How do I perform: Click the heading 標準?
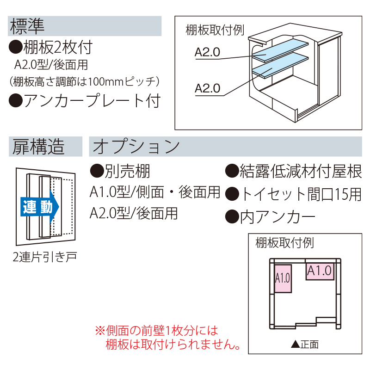(26, 26)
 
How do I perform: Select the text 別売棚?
(120, 172)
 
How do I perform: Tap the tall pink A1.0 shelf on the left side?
(282, 278)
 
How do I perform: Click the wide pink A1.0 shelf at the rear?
(320, 271)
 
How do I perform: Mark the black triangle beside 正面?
(295, 344)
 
